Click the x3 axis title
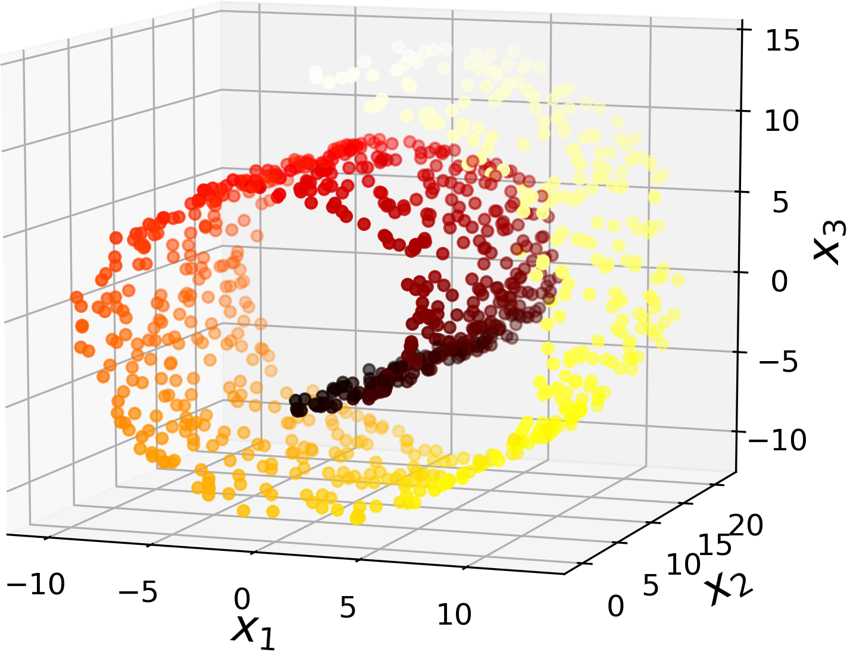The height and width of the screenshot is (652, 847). pos(830,242)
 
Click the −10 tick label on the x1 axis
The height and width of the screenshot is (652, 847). pos(36,585)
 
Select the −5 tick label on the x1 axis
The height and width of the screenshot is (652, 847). pos(138,593)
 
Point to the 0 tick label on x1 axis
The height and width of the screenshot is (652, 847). pos(242,600)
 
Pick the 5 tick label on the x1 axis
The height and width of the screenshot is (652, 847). pos(348,608)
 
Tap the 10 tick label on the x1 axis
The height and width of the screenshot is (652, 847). pos(454,614)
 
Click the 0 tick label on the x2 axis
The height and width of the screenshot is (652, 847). pos(616,607)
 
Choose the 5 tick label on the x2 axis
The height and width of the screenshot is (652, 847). pos(651,587)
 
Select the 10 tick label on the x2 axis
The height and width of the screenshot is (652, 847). pos(682,565)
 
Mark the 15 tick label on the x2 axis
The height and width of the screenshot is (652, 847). pos(714,546)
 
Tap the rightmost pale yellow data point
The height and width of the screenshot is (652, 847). pos(677,280)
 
